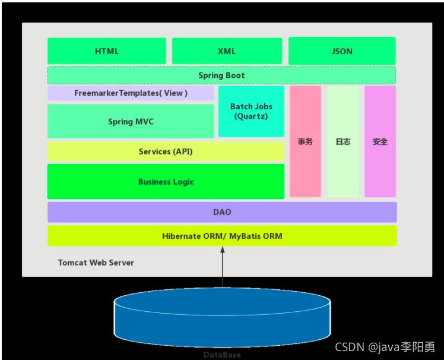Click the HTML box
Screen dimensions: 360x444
pos(107,51)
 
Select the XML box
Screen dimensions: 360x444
pos(227,51)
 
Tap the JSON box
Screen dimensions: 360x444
pos(342,51)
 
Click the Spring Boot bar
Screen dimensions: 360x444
pos(221,75)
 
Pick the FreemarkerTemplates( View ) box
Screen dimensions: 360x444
pos(131,93)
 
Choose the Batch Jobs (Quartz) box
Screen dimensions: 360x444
pos(251,111)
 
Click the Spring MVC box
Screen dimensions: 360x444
pos(131,121)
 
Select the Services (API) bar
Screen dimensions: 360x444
pos(166,151)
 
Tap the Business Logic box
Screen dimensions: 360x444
pos(166,182)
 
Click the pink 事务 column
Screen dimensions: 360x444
pos(305,141)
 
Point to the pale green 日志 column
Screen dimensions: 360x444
pos(343,141)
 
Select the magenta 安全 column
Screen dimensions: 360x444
pos(380,141)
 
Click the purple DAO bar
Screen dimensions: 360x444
pos(222,212)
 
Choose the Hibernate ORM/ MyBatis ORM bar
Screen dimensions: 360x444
pos(222,236)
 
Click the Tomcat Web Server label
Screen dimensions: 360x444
pos(96,263)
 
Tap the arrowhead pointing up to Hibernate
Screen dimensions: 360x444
pos(223,251)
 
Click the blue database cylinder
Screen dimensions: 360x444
pos(222,315)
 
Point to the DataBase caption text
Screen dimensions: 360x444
pos(222,355)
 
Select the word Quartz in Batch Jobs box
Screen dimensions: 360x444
pos(252,116)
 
